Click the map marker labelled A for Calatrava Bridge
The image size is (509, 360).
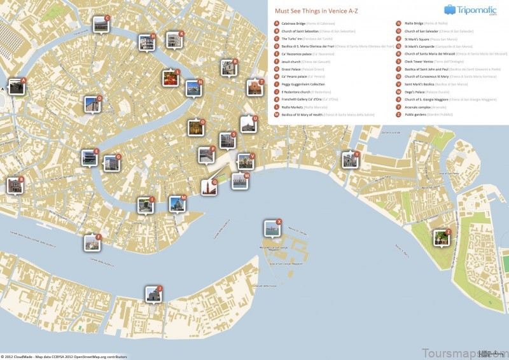click(17, 87)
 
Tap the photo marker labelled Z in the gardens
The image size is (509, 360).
click(441, 238)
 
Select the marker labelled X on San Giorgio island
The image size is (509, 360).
click(272, 228)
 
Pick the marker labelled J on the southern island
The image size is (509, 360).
click(153, 294)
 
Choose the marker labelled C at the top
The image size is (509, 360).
click(101, 25)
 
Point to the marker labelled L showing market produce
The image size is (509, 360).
click(171, 78)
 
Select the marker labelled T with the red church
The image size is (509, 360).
click(254, 88)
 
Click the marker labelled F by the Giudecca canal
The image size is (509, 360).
click(92, 242)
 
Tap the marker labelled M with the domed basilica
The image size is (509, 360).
click(177, 204)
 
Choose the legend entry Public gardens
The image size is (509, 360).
click(417, 114)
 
